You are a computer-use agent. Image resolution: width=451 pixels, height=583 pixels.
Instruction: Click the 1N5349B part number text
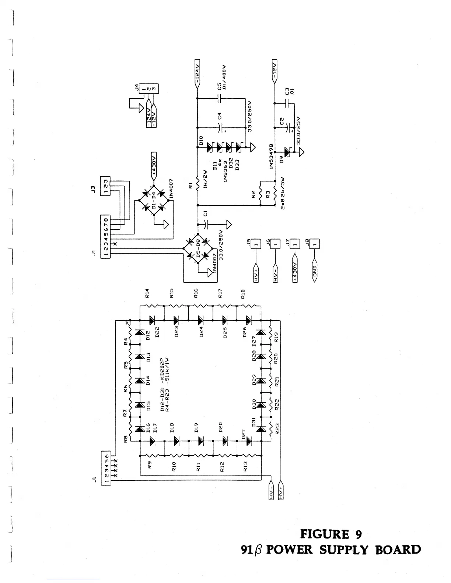click(x=272, y=156)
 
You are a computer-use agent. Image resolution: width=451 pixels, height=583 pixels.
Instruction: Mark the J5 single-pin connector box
click(x=254, y=244)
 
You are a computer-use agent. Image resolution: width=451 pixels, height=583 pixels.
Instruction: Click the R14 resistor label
click(x=147, y=293)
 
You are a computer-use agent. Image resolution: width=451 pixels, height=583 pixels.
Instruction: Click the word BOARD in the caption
click(x=398, y=550)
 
